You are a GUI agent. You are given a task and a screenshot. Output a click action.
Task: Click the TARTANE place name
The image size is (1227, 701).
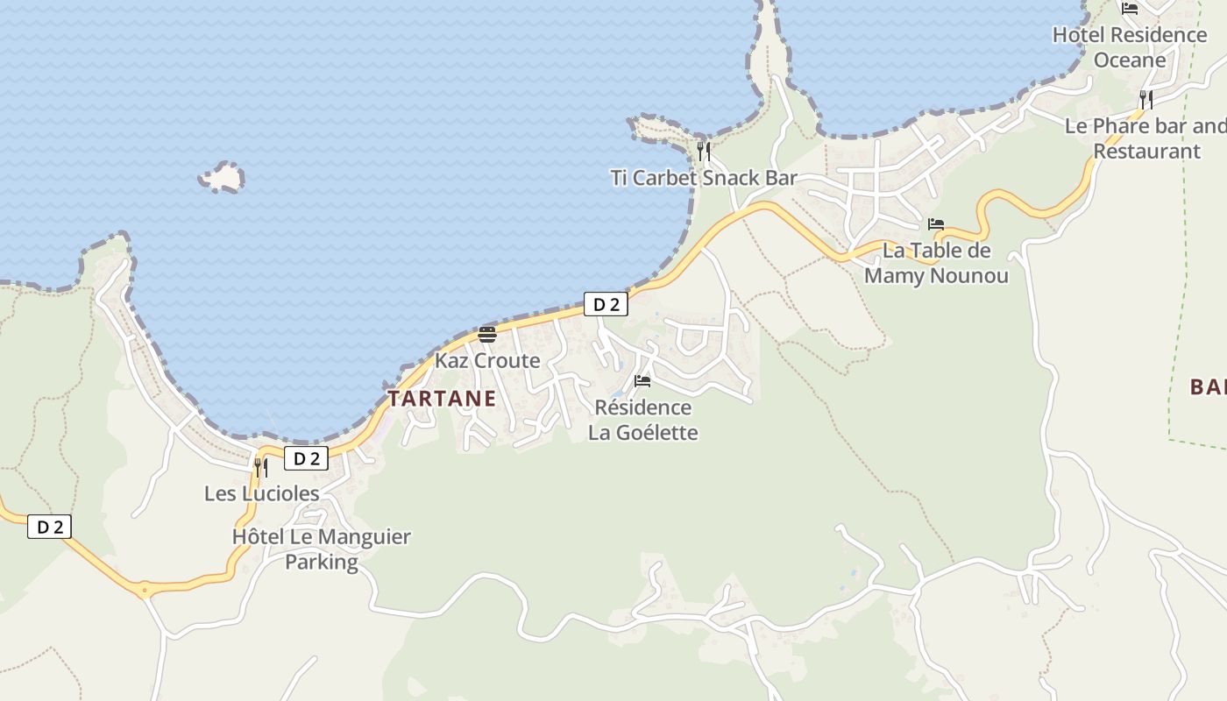point(442,399)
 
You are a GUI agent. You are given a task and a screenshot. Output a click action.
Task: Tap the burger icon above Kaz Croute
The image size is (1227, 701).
point(487,334)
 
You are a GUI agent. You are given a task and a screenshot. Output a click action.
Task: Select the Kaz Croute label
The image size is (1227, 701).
point(487,360)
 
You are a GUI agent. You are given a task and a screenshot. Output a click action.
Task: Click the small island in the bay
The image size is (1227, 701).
point(222,178)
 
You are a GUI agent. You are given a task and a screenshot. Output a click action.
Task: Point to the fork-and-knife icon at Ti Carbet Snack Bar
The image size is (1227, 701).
point(704,151)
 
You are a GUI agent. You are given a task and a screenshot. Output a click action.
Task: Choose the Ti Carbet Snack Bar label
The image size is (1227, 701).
point(704,178)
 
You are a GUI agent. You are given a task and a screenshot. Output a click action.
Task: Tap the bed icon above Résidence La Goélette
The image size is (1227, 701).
point(642,381)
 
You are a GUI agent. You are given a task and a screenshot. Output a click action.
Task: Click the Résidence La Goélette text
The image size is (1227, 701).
point(643,420)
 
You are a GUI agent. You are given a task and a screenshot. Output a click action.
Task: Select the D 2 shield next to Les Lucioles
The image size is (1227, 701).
point(306,458)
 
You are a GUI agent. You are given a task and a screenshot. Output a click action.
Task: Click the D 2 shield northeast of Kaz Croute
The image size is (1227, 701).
point(606,304)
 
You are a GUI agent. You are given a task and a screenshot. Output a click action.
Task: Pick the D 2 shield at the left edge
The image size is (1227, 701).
point(49,527)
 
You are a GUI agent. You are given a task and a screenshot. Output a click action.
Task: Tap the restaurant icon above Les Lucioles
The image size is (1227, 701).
point(261,467)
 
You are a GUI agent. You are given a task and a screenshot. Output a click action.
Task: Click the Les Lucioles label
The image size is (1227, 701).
point(262,493)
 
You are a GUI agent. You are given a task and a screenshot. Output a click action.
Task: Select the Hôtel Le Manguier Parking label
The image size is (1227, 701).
point(322,549)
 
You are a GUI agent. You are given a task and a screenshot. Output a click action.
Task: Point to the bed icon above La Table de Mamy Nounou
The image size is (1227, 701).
point(936,224)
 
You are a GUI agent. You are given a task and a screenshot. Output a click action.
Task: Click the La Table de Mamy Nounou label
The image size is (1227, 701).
point(936,263)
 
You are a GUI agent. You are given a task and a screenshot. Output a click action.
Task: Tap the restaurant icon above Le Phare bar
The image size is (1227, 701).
point(1145,99)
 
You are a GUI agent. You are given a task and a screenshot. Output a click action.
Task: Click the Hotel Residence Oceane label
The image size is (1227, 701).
point(1130,47)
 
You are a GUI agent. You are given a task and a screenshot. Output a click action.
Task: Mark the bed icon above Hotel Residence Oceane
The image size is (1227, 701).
point(1130,9)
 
